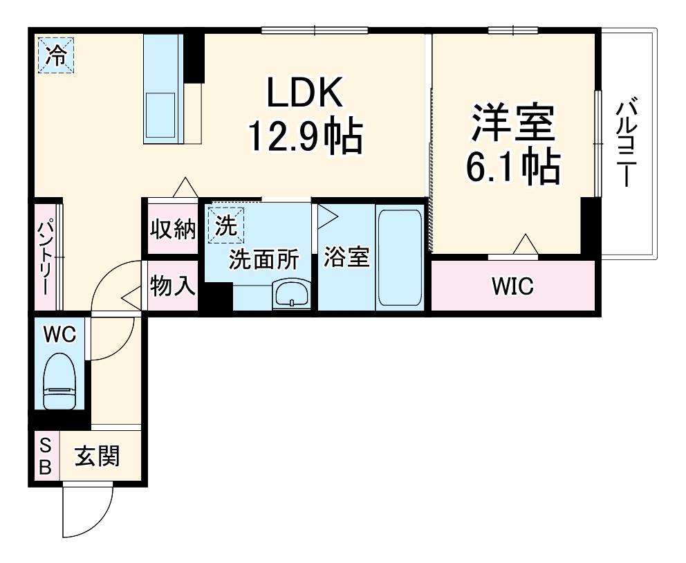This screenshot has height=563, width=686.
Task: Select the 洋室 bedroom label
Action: click(x=512, y=122)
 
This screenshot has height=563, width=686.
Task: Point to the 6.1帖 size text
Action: click(x=512, y=166)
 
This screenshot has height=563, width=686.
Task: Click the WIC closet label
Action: click(x=512, y=286)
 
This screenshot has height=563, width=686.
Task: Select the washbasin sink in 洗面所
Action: click(x=293, y=295)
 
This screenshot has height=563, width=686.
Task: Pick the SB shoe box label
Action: click(x=45, y=456)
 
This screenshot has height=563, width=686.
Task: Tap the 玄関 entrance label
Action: click(x=98, y=456)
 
